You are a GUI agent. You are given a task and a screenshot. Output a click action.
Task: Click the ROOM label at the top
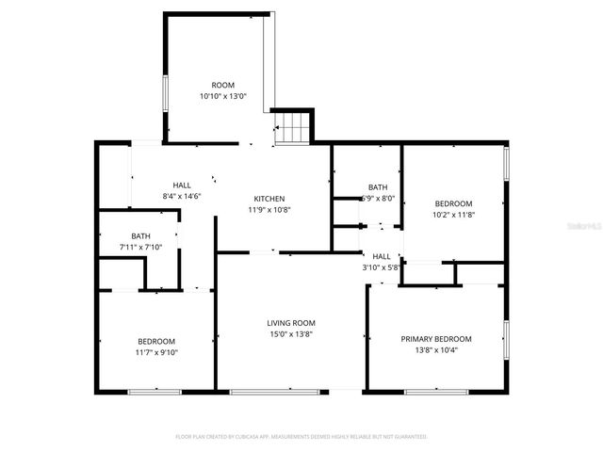click(222, 85)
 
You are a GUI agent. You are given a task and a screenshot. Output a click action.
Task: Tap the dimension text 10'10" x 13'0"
click(222, 96)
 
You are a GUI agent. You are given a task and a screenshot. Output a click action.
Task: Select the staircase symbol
click(292, 127)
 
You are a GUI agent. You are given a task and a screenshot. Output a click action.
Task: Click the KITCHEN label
click(269, 199)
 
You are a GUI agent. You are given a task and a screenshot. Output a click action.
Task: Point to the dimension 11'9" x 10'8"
click(269, 210)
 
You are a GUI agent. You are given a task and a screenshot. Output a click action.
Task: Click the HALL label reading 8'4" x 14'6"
click(182, 185)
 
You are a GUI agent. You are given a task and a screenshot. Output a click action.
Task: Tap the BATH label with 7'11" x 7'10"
click(140, 236)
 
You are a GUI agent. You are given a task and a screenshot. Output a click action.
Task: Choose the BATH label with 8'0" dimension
click(378, 187)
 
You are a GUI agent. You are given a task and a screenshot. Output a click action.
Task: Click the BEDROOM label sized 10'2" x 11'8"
click(453, 203)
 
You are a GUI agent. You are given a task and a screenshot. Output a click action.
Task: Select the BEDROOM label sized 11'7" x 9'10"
click(156, 341)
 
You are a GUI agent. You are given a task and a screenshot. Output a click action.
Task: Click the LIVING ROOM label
click(291, 323)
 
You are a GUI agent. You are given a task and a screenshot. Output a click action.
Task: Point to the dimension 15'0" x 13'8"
click(291, 334)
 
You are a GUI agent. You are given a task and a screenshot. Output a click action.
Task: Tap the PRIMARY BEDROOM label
click(436, 339)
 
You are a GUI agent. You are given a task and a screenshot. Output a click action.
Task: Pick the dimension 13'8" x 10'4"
click(436, 350)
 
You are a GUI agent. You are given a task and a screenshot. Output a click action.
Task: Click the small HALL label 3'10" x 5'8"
click(382, 256)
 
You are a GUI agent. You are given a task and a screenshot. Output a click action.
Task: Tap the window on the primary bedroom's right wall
click(506, 342)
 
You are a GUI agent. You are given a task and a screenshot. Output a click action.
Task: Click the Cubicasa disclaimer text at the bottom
click(301, 437)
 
